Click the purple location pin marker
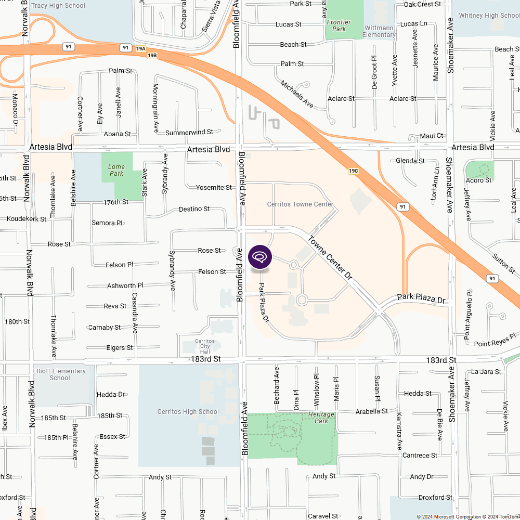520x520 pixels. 260,257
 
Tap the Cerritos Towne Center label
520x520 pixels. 300,204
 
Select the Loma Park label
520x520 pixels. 116,170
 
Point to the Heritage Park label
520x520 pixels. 321,418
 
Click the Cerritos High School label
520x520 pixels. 188,412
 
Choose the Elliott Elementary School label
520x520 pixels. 60,374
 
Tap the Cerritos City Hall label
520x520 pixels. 202,346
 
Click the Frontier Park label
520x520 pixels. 339,25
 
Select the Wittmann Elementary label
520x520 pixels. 380,31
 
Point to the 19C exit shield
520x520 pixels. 354,171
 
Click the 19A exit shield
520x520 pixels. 141,49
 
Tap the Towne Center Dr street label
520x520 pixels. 331,259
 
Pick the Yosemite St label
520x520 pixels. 214,187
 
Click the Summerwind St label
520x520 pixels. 189,133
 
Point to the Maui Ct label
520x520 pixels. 432,136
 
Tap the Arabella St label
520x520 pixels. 372,411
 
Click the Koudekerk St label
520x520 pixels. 27,219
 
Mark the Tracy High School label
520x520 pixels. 58,6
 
